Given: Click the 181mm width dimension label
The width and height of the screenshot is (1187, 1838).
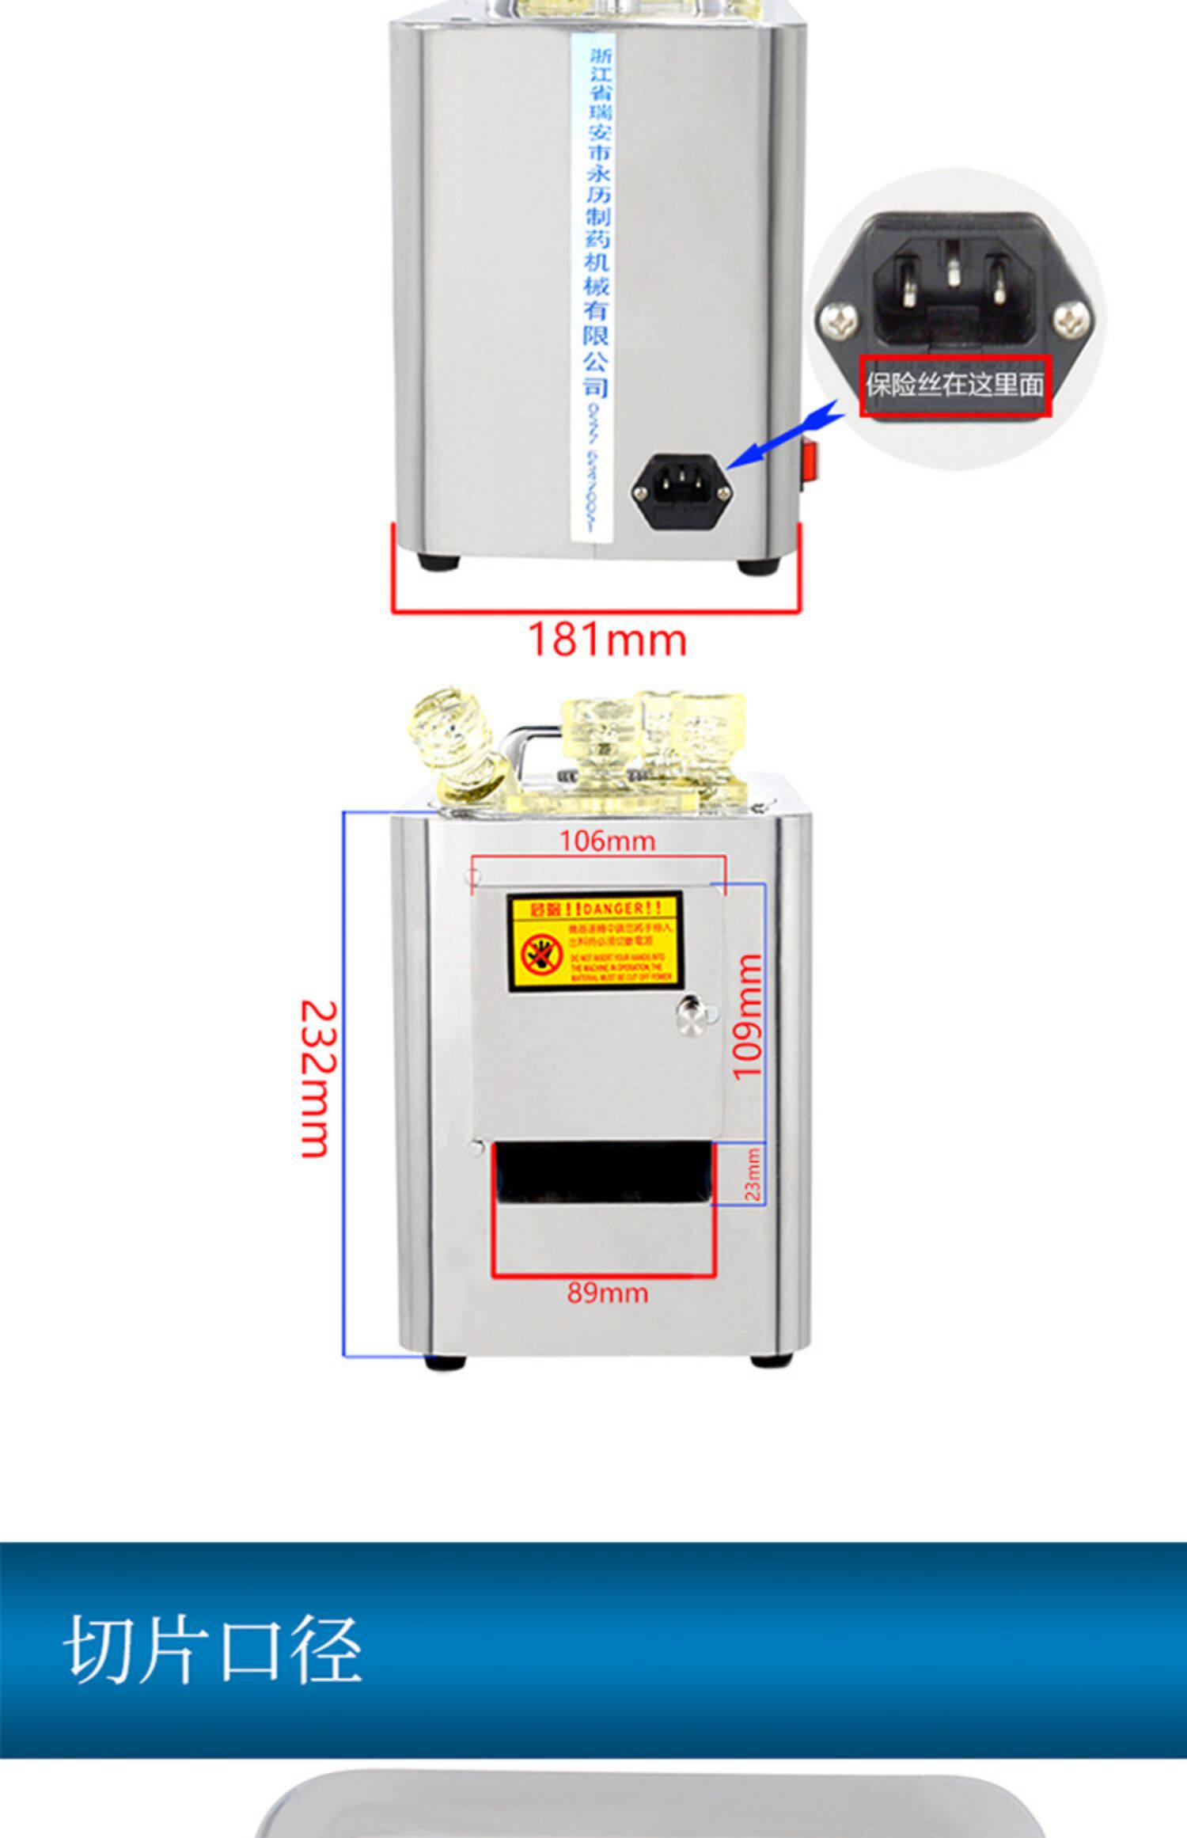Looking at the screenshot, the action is (x=606, y=640).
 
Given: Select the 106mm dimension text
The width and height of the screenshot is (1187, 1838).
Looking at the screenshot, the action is (x=607, y=841).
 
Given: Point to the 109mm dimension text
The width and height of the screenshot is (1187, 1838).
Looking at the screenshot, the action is (x=746, y=1016).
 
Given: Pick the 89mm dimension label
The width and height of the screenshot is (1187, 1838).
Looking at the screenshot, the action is (x=607, y=1293).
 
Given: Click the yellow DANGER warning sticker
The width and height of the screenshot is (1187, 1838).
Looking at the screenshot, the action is (x=594, y=942).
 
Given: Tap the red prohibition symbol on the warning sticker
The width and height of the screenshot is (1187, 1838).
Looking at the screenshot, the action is (x=542, y=957).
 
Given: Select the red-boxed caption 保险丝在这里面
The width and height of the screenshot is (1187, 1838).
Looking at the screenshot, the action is (x=955, y=385).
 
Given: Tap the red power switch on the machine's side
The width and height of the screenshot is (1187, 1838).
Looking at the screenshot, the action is (x=809, y=459).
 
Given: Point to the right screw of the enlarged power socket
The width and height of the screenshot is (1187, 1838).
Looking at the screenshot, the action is (x=1072, y=322).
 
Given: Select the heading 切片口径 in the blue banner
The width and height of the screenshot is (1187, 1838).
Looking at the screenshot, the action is (x=212, y=1649).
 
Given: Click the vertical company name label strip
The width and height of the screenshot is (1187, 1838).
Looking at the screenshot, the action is (x=591, y=289).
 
